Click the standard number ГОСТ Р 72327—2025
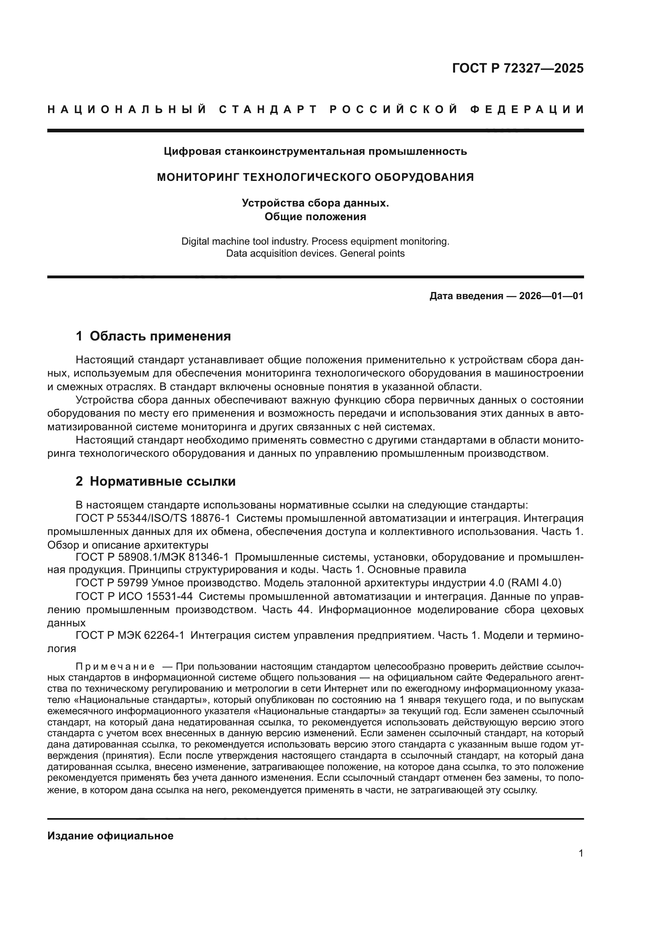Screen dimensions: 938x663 [517, 68]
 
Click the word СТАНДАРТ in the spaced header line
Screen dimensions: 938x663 [268, 109]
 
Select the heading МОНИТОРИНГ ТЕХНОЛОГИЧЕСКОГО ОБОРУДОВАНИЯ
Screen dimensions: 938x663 [315, 177]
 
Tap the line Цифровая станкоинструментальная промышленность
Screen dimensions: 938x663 [315, 152]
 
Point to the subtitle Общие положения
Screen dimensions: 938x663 [315, 217]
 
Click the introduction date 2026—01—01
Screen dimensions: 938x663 [551, 296]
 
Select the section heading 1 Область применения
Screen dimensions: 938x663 [154, 336]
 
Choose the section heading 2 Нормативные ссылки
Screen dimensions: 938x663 [156, 481]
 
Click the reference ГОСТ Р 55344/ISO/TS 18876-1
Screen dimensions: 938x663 [153, 519]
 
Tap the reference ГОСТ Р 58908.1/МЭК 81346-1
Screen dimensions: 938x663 [152, 557]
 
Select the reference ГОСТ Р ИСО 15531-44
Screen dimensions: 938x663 [134, 596]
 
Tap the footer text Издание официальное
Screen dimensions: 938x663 [110, 836]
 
